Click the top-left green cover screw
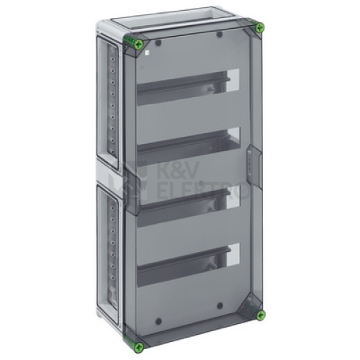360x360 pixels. [139, 44]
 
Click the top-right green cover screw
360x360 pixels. [259, 28]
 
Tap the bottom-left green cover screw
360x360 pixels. [139, 347]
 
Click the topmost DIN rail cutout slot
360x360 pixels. [188, 87]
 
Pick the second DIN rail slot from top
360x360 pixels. [188, 146]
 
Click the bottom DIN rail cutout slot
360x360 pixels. [188, 265]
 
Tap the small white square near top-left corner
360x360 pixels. [148, 53]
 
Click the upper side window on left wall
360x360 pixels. [108, 103]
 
